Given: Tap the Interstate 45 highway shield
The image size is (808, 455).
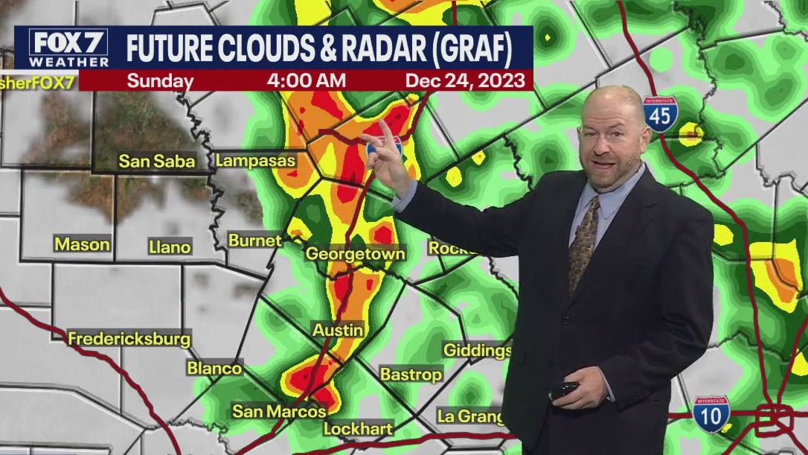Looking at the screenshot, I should coord(661,113).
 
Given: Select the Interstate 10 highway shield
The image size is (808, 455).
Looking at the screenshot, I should coord(711,414).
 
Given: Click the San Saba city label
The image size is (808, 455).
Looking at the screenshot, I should coord(157,161).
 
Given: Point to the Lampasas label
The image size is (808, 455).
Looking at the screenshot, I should coord(255,160).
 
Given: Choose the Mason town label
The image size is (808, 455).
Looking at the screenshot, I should coord(82,244).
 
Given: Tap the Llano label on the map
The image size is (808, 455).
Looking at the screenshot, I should coord(170,246).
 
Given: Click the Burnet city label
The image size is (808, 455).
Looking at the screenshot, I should coord(254,241).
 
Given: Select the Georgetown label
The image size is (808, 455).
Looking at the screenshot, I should coord(356,254).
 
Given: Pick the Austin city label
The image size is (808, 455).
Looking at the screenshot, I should coord(338,329).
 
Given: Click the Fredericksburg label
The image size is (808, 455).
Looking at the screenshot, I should coord(129,339).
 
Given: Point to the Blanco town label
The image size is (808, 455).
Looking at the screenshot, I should coord(214,368).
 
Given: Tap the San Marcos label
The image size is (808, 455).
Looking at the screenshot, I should coord(279,411).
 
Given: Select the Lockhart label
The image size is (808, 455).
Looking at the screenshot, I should coord(358,429).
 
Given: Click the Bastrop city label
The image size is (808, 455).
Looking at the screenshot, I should coord(411,374).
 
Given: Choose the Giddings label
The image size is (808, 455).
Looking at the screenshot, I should coord(477,350).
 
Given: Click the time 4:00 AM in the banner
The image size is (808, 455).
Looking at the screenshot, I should coord(301,80).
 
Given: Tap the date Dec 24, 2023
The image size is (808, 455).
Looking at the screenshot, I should coord(464,80).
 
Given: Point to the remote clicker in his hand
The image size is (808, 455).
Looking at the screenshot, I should coord(564,389).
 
